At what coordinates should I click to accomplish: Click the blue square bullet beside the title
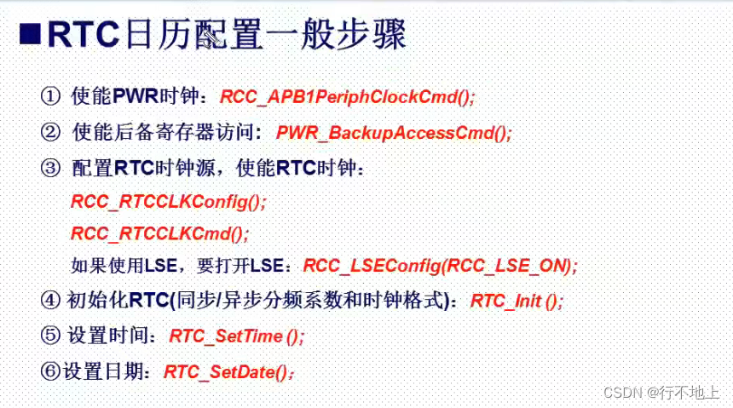click(30, 34)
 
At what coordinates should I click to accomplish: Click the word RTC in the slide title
click(84, 34)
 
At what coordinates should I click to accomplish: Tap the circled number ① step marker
click(50, 96)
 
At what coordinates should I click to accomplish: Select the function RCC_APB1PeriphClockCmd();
click(348, 97)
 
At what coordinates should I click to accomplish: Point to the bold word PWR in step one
click(136, 96)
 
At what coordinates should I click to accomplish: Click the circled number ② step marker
click(50, 132)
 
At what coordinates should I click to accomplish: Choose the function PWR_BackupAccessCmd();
click(394, 133)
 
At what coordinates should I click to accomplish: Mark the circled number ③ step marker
click(50, 168)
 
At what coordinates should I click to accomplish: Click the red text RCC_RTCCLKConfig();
click(168, 202)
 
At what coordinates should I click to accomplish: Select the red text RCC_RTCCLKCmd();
click(160, 233)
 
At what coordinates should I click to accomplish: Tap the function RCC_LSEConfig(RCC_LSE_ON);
click(441, 266)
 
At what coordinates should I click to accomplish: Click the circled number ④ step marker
click(50, 300)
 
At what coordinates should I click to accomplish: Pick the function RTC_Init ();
click(517, 301)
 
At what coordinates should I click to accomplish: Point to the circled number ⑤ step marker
click(50, 336)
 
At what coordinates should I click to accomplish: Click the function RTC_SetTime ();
click(237, 336)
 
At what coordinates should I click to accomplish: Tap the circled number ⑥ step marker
click(50, 371)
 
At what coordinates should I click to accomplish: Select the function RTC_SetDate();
click(229, 372)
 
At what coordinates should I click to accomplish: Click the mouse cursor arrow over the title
click(211, 37)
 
